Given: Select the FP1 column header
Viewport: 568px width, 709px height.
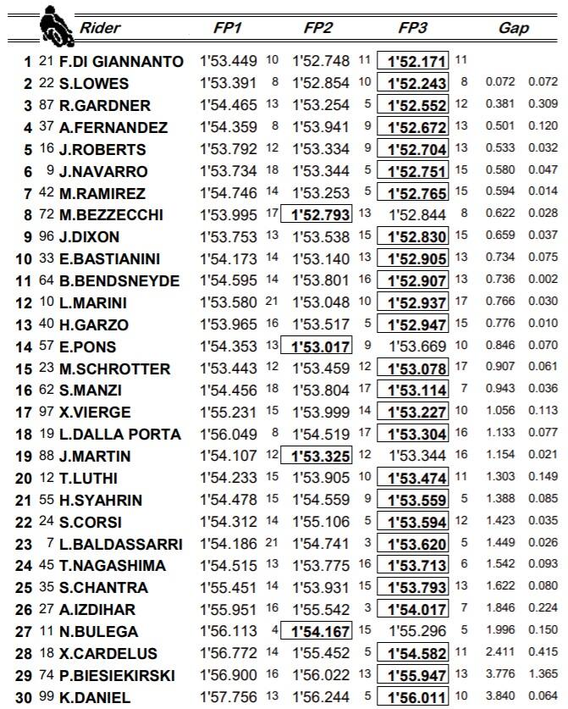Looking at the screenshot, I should (x=228, y=28).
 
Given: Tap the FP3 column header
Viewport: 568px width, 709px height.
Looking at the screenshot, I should (x=412, y=28).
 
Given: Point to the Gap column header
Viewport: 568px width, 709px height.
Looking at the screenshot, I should (x=514, y=28).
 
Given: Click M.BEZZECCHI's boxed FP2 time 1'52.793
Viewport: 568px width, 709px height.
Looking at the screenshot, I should (x=323, y=215).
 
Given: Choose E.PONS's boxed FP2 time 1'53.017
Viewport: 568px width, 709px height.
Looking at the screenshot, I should (x=323, y=346).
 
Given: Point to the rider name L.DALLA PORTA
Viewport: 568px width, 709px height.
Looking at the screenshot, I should (x=119, y=435).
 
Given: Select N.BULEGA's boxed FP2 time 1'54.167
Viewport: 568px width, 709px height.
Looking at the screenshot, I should (x=323, y=631).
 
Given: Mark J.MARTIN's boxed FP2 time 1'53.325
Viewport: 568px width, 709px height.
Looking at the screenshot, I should (x=323, y=457).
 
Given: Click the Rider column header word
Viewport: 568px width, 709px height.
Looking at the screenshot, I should (x=100, y=28).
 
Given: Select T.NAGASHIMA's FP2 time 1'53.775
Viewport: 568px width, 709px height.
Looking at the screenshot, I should (x=321, y=566).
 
